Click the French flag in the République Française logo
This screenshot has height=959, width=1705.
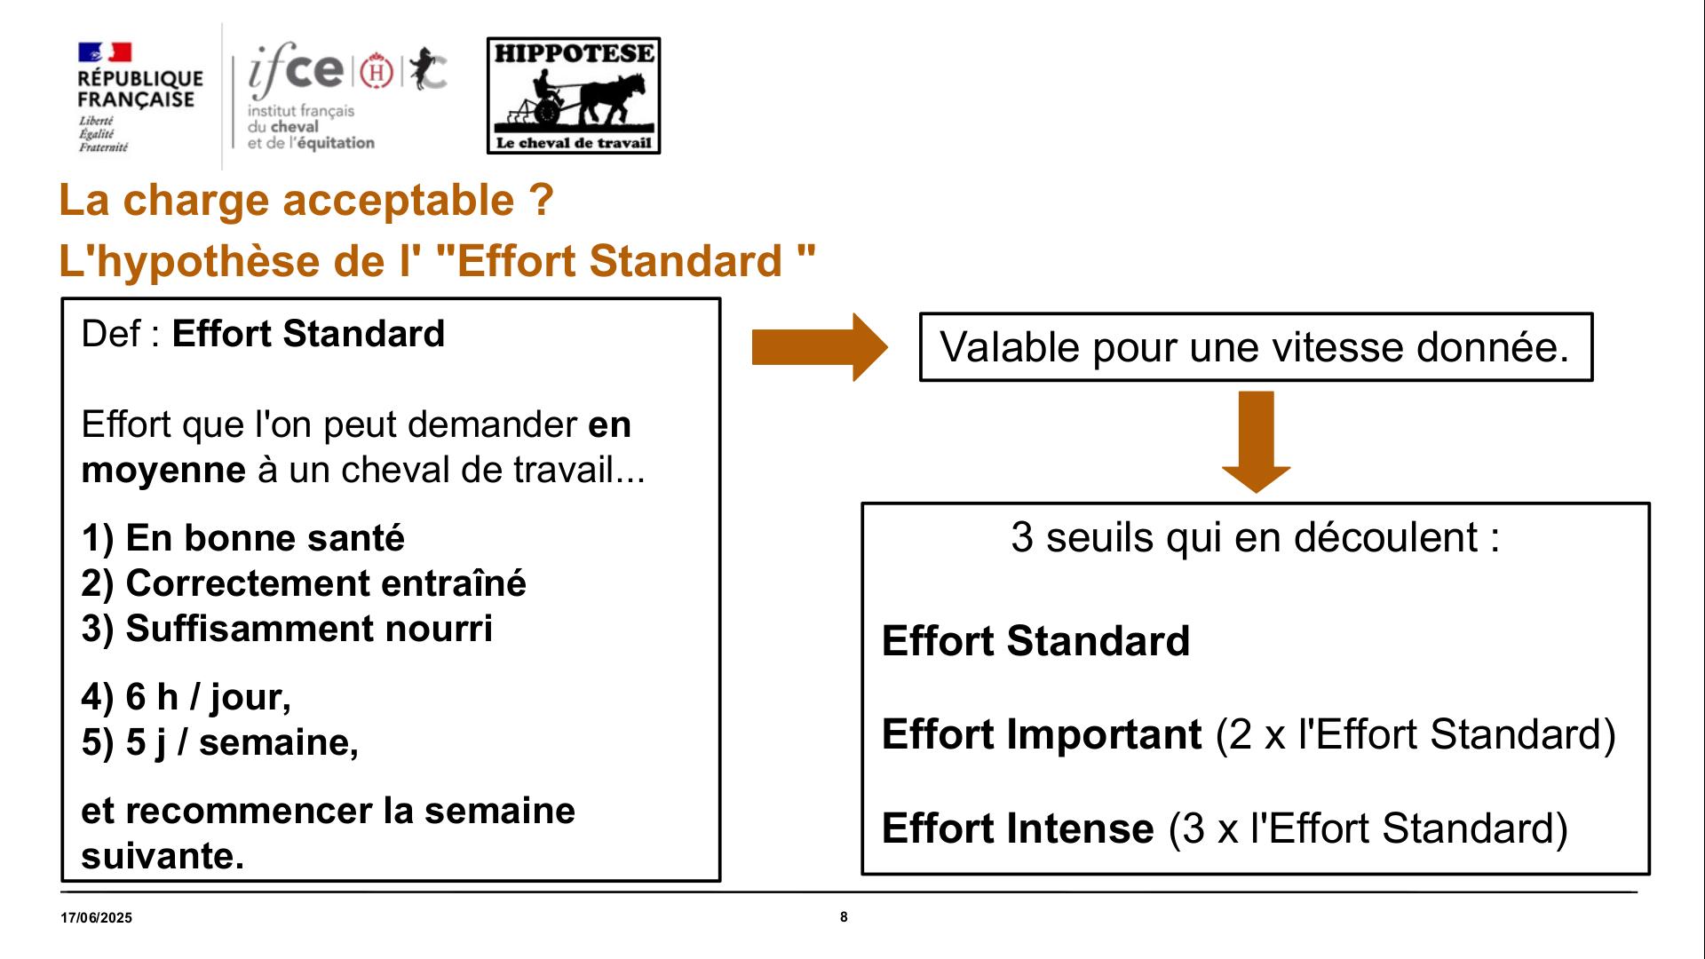[x=105, y=52]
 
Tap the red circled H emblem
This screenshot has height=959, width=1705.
[x=377, y=71]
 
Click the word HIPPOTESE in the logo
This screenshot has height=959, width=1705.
[x=574, y=53]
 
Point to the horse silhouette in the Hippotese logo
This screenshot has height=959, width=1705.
[x=613, y=98]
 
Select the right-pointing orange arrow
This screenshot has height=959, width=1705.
[x=820, y=347]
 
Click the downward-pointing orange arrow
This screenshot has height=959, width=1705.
[x=1256, y=441]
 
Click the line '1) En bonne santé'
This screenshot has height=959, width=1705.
[x=242, y=538]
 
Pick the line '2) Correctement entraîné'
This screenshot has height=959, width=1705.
[x=304, y=583]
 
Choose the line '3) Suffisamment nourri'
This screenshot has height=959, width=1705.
[x=287, y=629]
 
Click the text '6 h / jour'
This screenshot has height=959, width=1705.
[x=208, y=697]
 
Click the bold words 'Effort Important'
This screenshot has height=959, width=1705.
[x=1042, y=734]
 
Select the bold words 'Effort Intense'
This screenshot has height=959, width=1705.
[x=1018, y=828]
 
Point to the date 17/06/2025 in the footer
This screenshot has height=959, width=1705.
[x=97, y=918]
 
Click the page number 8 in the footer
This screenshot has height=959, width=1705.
[x=844, y=917]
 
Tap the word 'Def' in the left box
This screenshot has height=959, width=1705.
[x=110, y=334]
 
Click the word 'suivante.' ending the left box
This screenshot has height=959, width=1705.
[x=163, y=856]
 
